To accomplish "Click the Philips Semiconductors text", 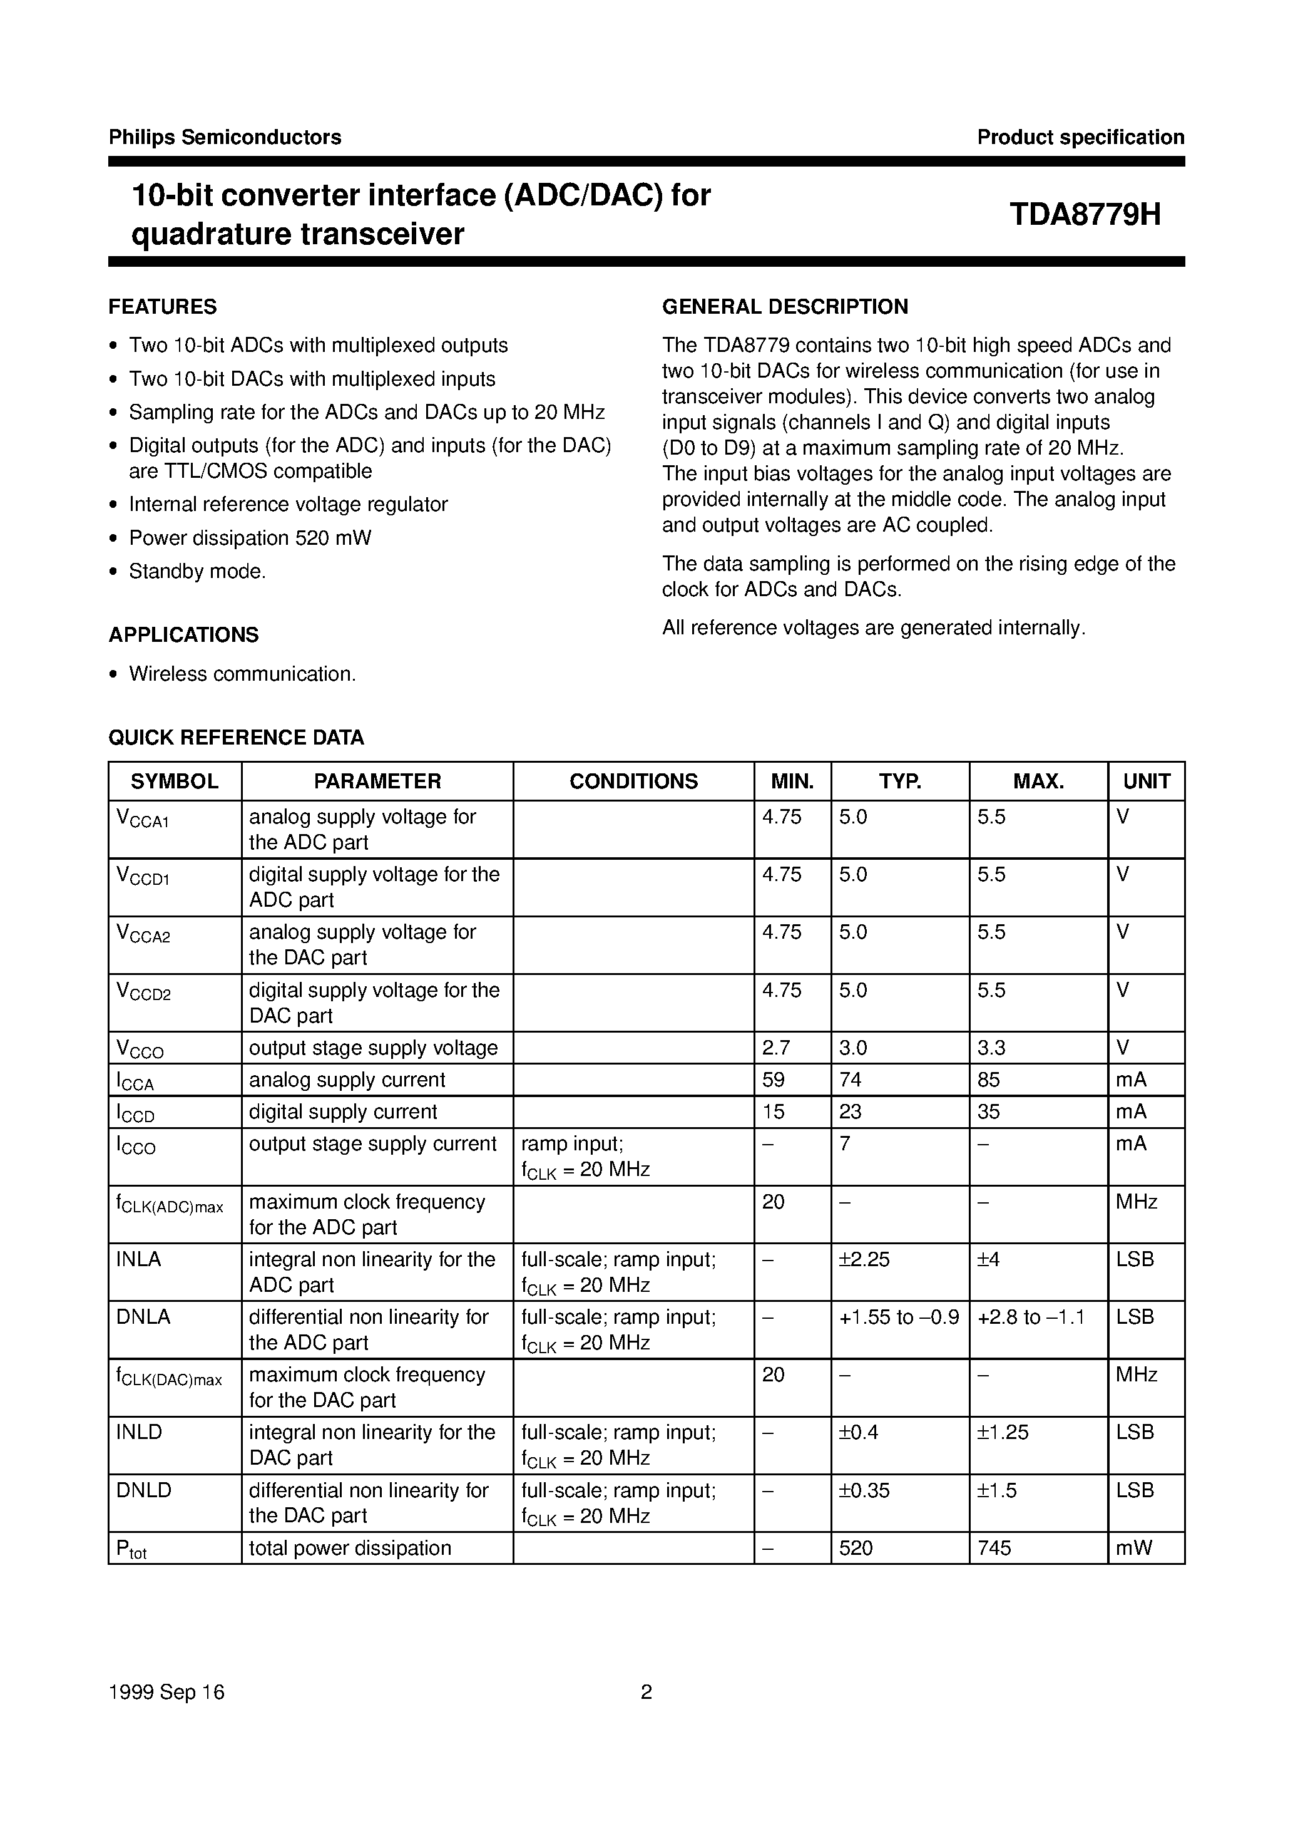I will pos(225,137).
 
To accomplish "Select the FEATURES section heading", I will pos(163,307).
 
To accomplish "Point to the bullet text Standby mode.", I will pos(197,572).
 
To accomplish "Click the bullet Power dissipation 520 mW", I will pos(250,539).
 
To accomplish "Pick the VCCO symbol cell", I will pos(140,1049).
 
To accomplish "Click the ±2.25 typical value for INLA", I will pos(864,1259).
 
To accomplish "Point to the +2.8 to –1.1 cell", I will pos(1031,1317).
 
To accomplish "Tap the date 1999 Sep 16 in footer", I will pos(166,1692).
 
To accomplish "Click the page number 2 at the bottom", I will pos(646,1692).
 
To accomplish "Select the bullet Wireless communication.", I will pos(242,674).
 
